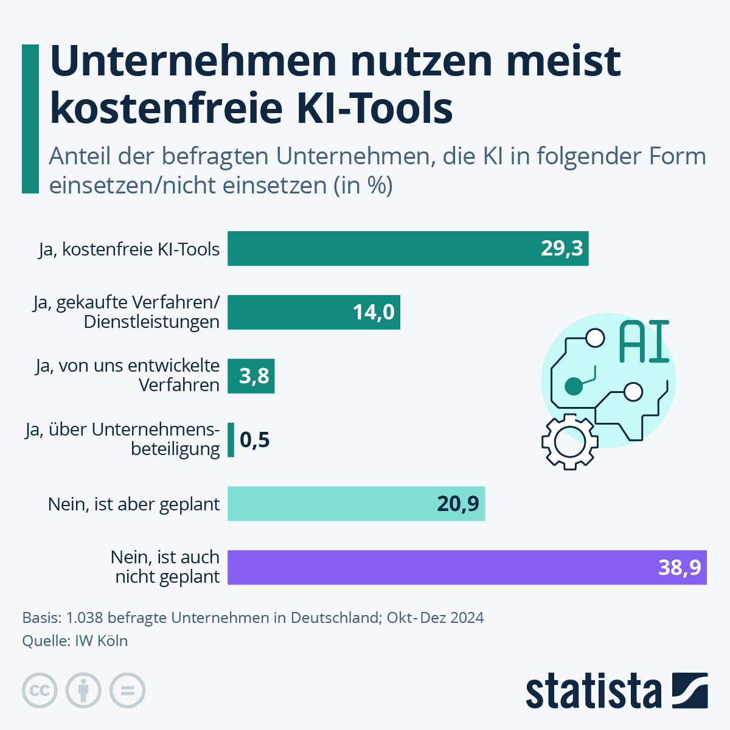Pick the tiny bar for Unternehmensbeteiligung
coord(231,440)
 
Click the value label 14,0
coord(374,312)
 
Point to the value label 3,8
coord(254,376)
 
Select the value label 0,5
coord(255,440)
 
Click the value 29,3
coord(562,248)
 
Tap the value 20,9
coord(458,504)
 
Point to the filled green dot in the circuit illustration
coord(573,386)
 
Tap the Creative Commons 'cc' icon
coord(40,690)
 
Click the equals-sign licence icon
coord(127,690)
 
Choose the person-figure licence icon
coord(83,690)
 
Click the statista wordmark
coord(593,691)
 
